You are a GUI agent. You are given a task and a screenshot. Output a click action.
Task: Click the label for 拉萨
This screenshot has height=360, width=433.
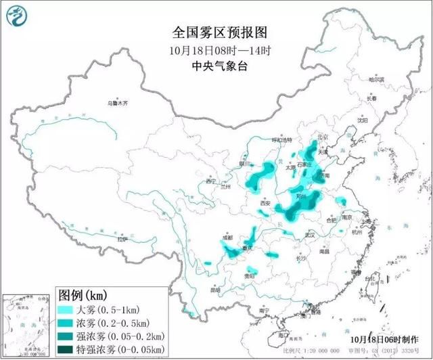pyautogui.click(x=122, y=239)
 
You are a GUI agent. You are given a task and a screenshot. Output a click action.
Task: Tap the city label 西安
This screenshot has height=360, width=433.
pyautogui.click(x=265, y=204)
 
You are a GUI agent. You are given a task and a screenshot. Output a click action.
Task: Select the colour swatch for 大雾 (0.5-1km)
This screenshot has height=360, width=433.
pyautogui.click(x=66, y=309)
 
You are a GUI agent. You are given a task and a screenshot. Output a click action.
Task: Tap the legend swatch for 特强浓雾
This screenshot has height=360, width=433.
pyautogui.click(x=66, y=349)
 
